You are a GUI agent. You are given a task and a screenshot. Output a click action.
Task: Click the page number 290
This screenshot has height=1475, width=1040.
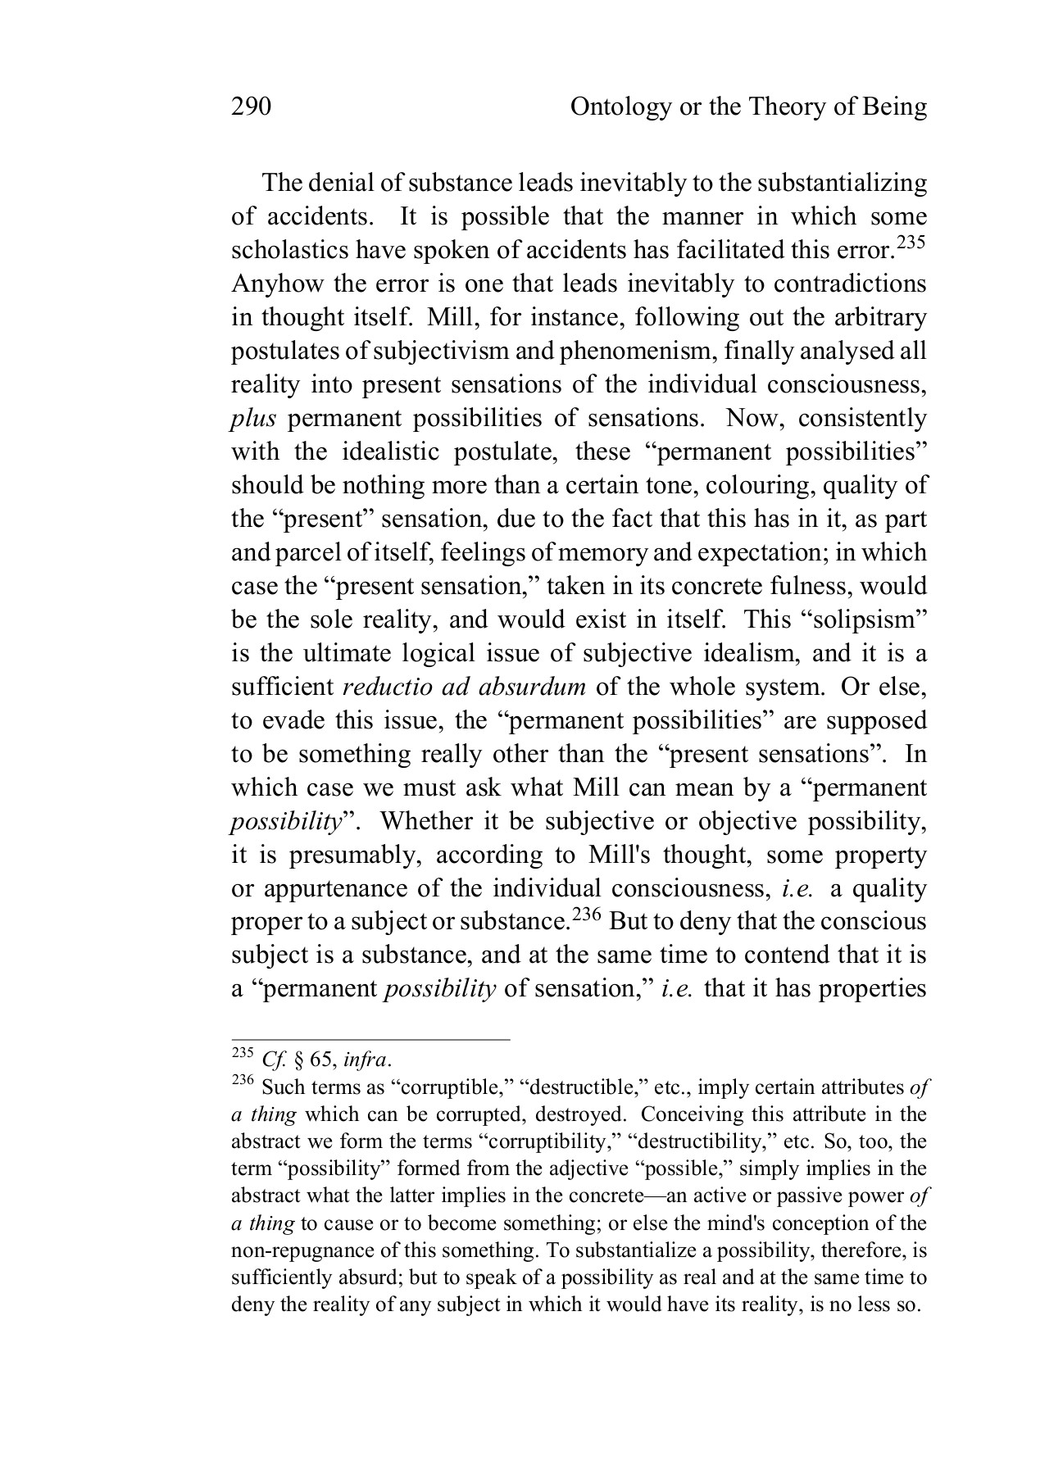click(x=251, y=107)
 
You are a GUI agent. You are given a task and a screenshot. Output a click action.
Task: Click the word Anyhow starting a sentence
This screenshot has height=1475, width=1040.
click(x=268, y=284)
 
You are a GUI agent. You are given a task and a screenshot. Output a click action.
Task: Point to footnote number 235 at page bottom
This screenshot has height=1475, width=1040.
click(x=243, y=1051)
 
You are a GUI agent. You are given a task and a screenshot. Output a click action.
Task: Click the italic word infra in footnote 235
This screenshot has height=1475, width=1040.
click(x=364, y=1060)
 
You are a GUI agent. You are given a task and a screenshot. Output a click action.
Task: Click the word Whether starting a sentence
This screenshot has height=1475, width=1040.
click(x=426, y=822)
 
